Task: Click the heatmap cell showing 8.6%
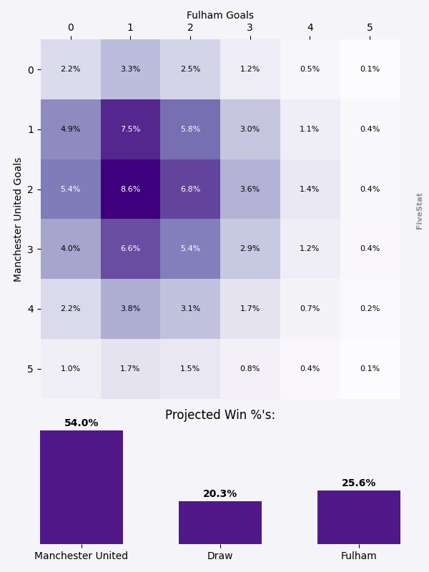coord(130,189)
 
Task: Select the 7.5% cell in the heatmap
coord(130,129)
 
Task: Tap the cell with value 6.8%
coord(190,189)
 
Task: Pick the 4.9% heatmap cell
coord(70,129)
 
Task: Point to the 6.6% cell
coord(130,249)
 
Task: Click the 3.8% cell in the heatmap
coord(130,309)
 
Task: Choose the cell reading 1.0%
coord(70,369)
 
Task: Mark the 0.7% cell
coord(310,309)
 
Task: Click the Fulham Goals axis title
coord(220,15)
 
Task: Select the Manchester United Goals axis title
coord(19,220)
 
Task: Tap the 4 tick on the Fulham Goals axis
coord(310,28)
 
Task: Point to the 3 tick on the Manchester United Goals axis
coord(31,249)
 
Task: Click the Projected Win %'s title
coord(220,415)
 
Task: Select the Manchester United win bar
coord(82,488)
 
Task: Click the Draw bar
coord(220,523)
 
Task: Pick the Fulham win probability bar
coord(359,518)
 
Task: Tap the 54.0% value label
coord(82,423)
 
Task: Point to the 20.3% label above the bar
coord(220,494)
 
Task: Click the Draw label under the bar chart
coord(220,556)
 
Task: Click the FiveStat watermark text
coord(420,211)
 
